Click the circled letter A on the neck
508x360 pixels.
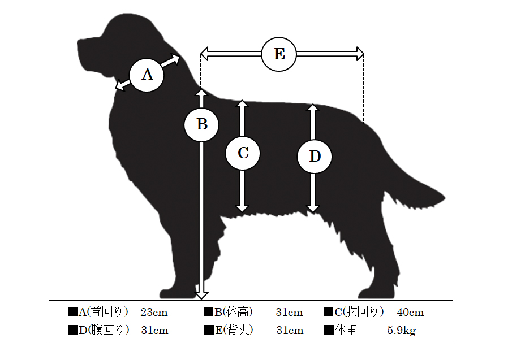(x=147, y=75)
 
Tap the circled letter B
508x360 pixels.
(x=201, y=125)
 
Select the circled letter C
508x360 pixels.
(x=243, y=153)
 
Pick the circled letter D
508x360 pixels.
(x=315, y=156)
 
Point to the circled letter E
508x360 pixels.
(x=279, y=54)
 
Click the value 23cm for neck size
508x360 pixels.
(x=154, y=313)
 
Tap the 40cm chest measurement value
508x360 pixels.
(x=410, y=313)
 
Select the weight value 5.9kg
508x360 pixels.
(x=402, y=331)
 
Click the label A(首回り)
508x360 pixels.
(x=103, y=312)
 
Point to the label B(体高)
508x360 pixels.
(x=234, y=312)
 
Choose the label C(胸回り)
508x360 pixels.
(x=359, y=312)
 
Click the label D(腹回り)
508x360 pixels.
(x=104, y=330)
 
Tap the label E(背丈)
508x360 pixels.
(x=234, y=330)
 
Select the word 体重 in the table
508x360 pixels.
(x=346, y=330)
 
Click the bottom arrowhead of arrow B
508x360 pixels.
(x=201, y=295)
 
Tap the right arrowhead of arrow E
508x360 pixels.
(x=360, y=54)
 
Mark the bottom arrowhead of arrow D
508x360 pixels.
(x=313, y=209)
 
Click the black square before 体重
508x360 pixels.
(x=329, y=330)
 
